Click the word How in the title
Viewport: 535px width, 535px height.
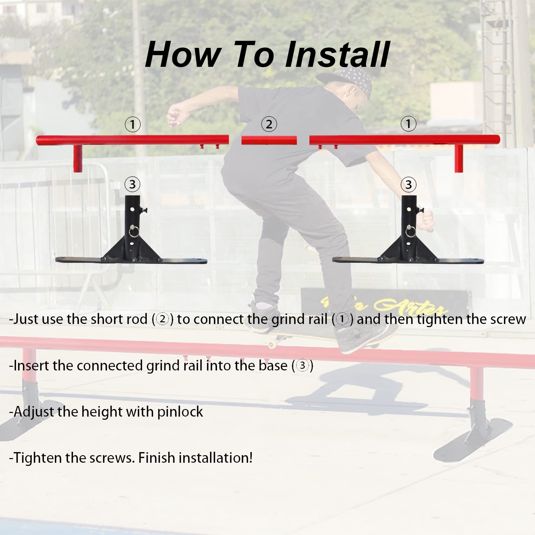[x=183, y=55]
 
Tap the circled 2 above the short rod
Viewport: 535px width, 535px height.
[x=269, y=124]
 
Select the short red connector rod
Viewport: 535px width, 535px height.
[x=269, y=140]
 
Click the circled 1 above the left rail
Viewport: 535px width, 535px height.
[x=132, y=124]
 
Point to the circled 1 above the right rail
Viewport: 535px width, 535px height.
[x=408, y=124]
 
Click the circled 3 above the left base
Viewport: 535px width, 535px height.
[x=132, y=184]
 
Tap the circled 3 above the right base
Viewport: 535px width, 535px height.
[x=408, y=184]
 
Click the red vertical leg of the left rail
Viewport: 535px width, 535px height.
[x=78, y=158]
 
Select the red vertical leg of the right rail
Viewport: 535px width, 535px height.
[x=458, y=158]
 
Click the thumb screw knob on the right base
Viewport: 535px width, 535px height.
[x=421, y=210]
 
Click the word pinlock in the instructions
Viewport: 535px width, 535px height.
[x=180, y=412]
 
